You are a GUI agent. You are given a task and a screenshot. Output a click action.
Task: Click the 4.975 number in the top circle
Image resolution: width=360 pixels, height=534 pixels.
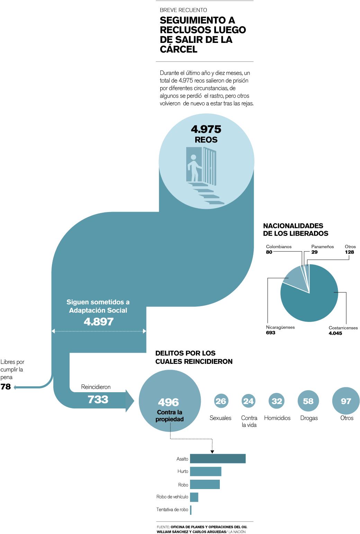tap(206, 129)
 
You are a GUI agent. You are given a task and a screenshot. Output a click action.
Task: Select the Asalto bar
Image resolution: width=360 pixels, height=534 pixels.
tap(218, 459)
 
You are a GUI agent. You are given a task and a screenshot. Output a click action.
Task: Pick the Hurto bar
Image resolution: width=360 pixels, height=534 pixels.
tap(206, 471)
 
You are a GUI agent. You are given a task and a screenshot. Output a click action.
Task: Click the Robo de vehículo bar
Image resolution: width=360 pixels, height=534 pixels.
tap(194, 497)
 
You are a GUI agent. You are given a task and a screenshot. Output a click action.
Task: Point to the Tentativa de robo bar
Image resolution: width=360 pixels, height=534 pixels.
tap(191, 510)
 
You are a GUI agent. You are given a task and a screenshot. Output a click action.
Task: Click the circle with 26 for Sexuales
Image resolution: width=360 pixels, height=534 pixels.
tap(220, 401)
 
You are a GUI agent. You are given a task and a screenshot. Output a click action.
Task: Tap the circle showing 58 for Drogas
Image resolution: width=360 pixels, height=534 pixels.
tap(308, 401)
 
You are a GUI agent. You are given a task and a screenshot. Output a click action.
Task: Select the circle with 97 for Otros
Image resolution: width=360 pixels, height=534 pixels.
tap(346, 401)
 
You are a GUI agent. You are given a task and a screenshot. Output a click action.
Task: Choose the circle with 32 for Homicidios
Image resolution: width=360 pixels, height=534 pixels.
tap(277, 401)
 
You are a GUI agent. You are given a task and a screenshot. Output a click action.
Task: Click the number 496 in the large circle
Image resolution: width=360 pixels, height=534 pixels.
tap(169, 402)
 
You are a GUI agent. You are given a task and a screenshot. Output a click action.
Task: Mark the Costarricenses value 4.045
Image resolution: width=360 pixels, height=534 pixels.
tap(335, 333)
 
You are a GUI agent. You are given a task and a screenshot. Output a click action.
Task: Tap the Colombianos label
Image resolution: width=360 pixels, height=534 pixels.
tap(279, 247)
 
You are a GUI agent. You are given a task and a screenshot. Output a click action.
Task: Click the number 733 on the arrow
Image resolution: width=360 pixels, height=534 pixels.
tap(98, 399)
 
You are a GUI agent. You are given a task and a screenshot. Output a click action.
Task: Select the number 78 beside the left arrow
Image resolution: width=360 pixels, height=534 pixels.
tap(6, 387)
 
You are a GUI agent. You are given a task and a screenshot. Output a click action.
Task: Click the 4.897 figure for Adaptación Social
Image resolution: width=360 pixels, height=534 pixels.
tap(99, 322)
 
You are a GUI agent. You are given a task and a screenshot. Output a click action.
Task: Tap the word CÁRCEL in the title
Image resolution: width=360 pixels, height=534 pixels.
tap(179, 49)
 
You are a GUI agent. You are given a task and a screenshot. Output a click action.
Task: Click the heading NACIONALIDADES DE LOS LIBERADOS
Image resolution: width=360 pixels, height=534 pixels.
tap(296, 230)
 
